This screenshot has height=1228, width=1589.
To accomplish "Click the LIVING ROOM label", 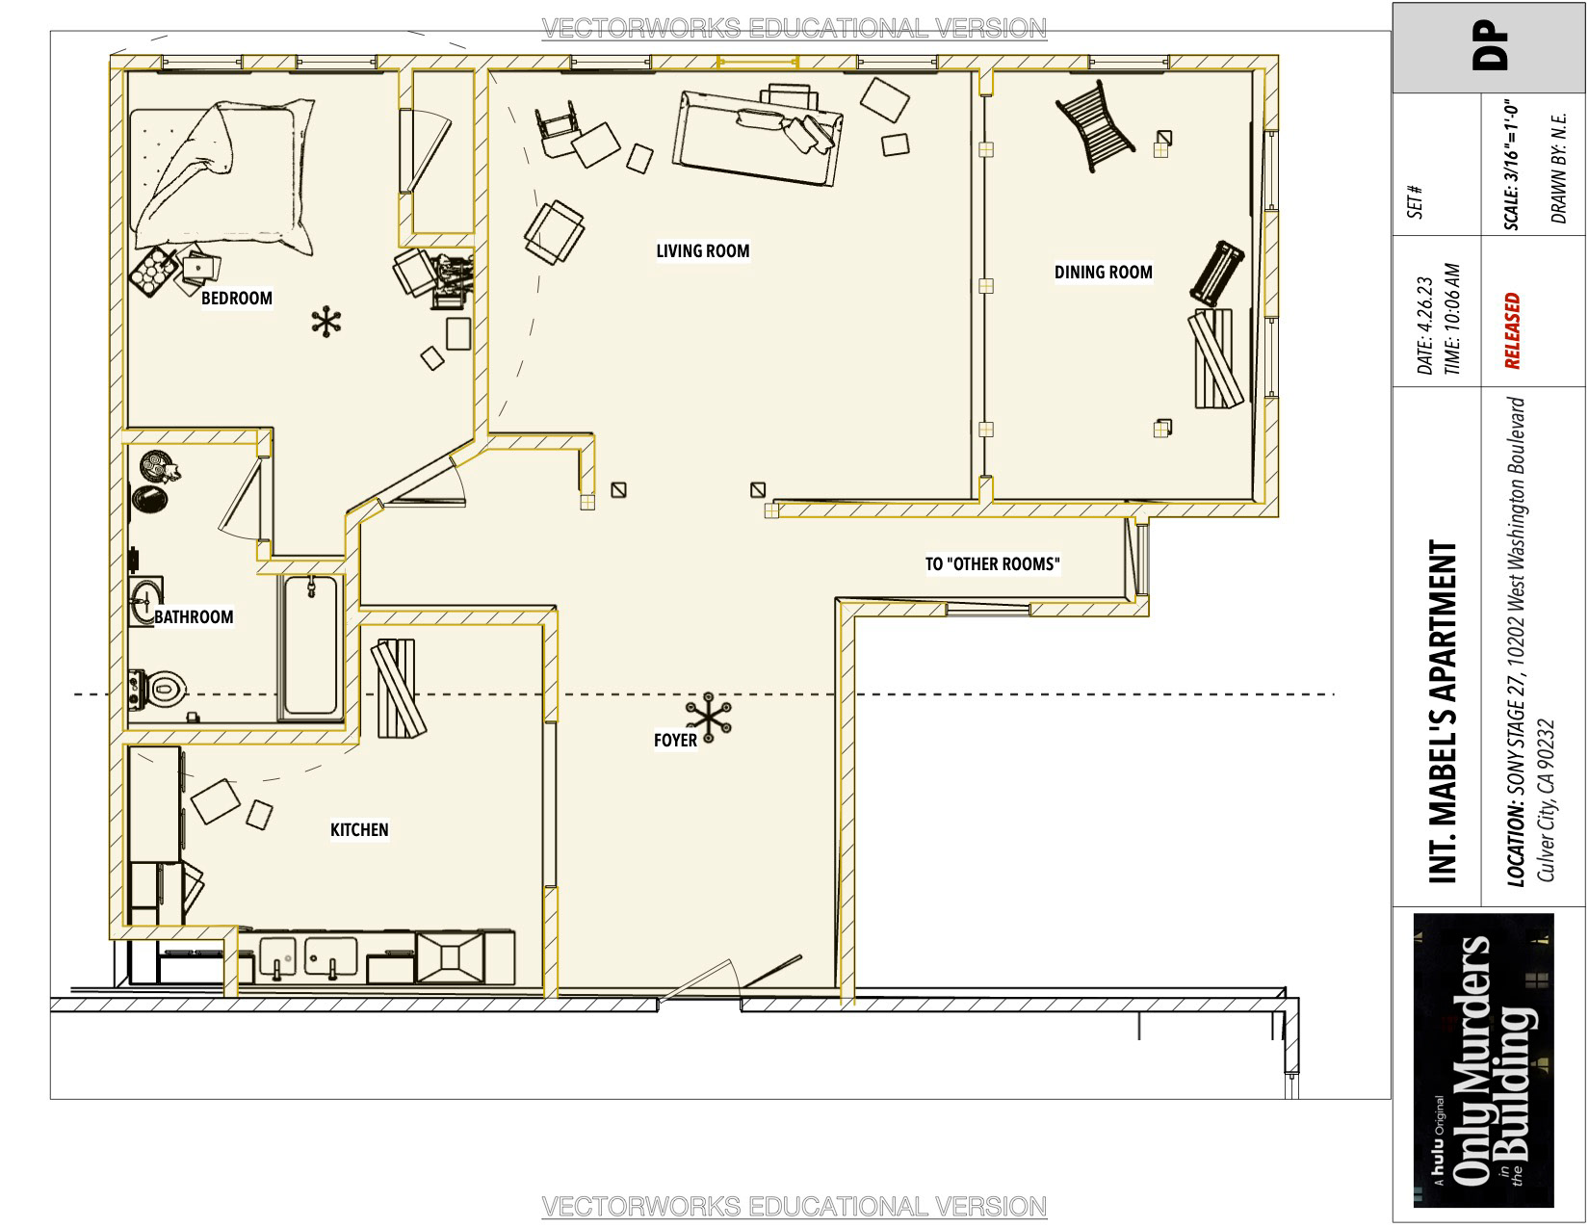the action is point(702,250).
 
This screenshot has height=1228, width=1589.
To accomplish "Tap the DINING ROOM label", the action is point(1103,272).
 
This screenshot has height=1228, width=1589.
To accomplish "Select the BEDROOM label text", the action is point(236,298).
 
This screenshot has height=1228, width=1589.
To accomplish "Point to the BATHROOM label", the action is point(193,616).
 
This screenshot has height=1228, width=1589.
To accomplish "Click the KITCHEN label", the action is point(359,829).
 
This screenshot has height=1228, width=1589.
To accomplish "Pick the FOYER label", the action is point(675,740).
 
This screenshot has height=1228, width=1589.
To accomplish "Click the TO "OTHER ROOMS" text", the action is point(992,563).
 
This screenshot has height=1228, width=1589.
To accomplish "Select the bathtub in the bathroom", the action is point(311,645).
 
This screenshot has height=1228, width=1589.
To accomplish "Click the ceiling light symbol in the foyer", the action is point(708,718).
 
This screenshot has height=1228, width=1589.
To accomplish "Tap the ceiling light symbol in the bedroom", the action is point(326,322).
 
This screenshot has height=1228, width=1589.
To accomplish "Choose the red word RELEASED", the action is point(1513,330).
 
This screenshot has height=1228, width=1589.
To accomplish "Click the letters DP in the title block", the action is point(1489,47).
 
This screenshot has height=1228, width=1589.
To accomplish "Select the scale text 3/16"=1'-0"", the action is point(1512,166).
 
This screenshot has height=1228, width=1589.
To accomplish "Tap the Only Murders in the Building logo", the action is point(1484,1059).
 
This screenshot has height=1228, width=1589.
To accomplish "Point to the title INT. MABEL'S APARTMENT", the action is point(1443,712).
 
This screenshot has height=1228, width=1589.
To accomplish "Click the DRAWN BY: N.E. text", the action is point(1557,168).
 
